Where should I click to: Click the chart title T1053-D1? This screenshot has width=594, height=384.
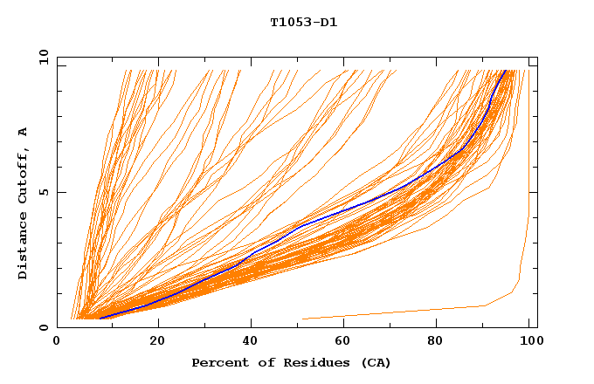[303, 23]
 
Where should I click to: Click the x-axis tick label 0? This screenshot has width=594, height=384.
[57, 341]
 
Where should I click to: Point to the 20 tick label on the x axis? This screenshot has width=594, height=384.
[158, 341]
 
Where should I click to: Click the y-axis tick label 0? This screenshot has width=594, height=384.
[44, 328]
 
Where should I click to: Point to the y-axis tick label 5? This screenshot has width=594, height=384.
[44, 192]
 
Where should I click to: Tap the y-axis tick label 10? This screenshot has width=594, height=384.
[40, 57]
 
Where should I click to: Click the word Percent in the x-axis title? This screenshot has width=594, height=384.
[218, 363]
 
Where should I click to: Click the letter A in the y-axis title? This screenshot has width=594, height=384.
[24, 131]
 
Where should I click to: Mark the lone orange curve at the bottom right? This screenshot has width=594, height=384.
[419, 311]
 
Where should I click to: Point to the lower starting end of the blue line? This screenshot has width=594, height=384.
[100, 319]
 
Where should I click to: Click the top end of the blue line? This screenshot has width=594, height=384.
[505, 70]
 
